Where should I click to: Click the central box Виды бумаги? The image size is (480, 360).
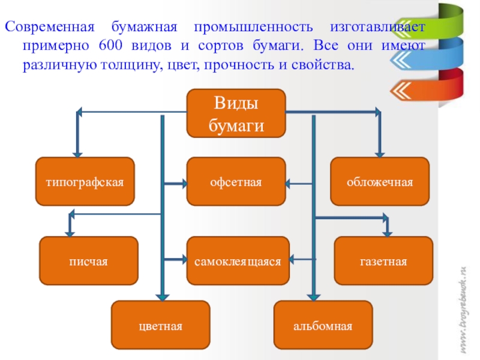tap(236, 113)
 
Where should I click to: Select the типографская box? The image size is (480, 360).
tap(85, 181)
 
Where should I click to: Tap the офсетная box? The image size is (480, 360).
tap(236, 181)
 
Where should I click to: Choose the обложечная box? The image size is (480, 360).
tap(380, 181)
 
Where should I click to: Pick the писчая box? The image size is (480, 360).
tap(88, 261)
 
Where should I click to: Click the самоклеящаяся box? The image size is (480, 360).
tap(238, 261)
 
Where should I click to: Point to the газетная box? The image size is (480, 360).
tap(383, 261)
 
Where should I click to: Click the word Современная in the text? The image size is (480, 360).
tap(50, 28)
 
